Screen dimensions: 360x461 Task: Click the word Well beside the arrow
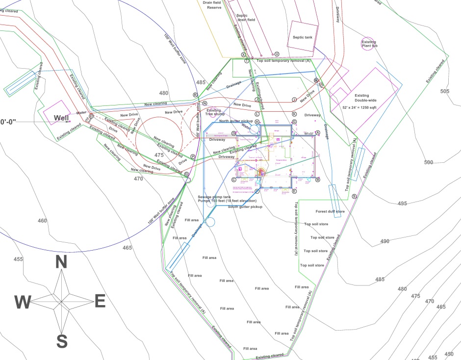[61, 118]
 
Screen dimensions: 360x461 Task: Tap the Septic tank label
[302, 37]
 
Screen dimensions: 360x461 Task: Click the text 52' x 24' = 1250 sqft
[362, 106]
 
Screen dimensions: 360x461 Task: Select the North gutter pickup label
[236, 121]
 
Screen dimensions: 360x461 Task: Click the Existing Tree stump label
[214, 113]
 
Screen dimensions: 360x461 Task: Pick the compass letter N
[61, 262]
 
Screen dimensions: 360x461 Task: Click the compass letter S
[62, 341]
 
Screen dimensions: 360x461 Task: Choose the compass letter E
[100, 302]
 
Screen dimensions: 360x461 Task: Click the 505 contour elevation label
[444, 91]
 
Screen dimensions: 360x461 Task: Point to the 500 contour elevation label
[429, 162]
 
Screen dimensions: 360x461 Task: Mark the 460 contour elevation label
[42, 221]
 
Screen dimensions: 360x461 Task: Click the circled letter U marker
[277, 54]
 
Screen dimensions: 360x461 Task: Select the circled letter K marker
[294, 114]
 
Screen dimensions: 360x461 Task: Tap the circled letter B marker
[317, 180]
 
